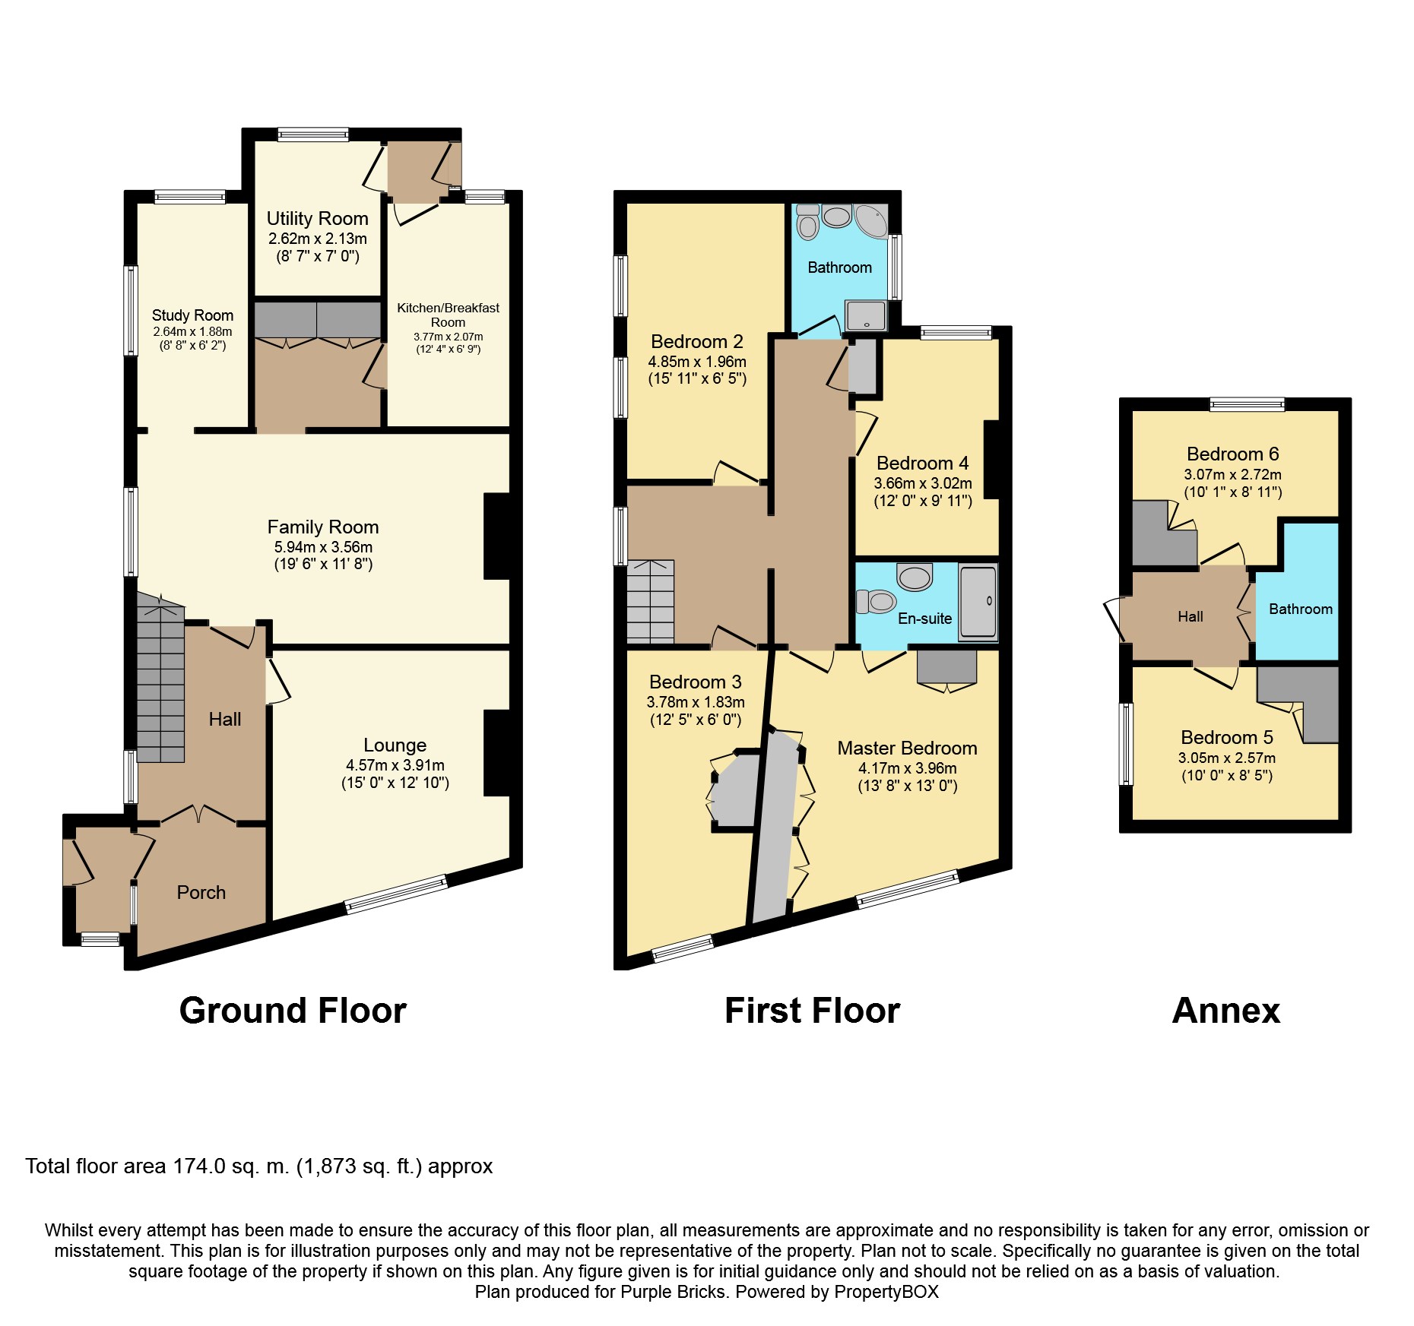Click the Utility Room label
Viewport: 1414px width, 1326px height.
[317, 219]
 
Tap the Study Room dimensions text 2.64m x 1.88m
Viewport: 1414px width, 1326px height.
[192, 332]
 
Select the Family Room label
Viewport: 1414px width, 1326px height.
[322, 527]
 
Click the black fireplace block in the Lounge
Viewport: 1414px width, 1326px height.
[496, 753]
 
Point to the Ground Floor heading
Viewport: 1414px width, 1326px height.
[293, 1011]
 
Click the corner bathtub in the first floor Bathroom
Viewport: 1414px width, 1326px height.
[871, 220]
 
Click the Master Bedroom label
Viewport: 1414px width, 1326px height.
[907, 748]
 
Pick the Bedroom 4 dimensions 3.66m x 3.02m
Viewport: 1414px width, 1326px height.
[922, 483]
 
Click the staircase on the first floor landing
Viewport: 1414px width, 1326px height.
[650, 601]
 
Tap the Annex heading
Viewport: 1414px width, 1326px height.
[1225, 1011]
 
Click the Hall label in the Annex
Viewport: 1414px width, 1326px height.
[1190, 617]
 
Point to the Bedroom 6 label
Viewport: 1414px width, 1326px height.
[1232, 454]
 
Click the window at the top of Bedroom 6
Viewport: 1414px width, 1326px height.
[1247, 404]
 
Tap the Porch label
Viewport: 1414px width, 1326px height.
[201, 893]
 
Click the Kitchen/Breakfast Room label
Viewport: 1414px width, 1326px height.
[448, 315]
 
